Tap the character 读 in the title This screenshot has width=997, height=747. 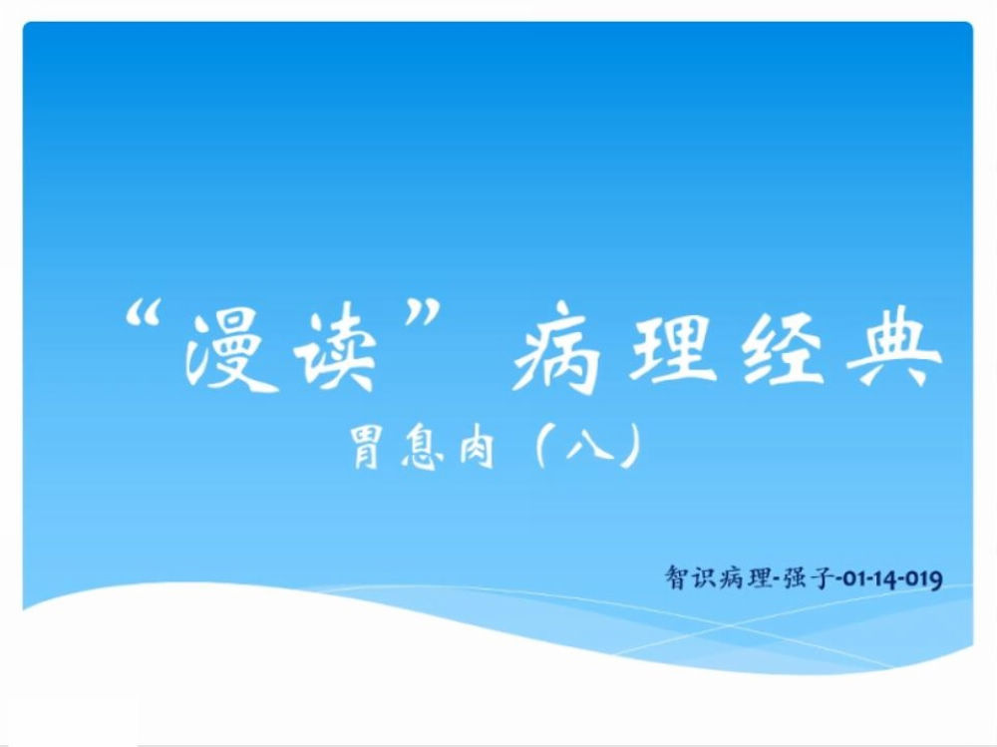pyautogui.click(x=335, y=349)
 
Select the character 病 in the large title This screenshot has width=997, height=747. pyautogui.click(x=556, y=348)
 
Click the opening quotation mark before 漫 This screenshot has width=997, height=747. pyautogui.click(x=142, y=314)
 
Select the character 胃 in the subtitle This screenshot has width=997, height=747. pyautogui.click(x=368, y=448)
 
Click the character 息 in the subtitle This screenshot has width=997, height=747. pyautogui.click(x=423, y=449)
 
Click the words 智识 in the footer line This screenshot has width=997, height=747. pyautogui.click(x=690, y=577)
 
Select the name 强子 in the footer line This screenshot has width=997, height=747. pyautogui.click(x=807, y=577)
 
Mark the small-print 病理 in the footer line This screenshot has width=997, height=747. pyautogui.click(x=745, y=577)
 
